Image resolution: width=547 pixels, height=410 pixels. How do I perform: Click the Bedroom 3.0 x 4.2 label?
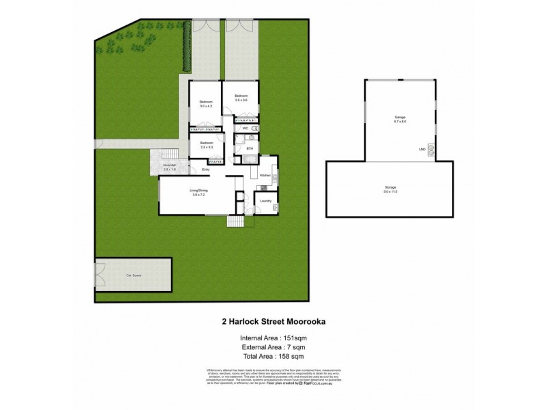click(206, 105)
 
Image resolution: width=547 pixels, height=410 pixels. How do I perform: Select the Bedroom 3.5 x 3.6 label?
click(240, 98)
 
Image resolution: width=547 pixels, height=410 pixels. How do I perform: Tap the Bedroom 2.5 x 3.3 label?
click(206, 145)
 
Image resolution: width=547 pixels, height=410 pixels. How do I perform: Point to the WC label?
click(243, 128)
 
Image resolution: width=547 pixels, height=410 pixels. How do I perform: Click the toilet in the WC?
click(253, 128)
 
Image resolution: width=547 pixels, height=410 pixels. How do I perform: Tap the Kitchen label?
click(265, 176)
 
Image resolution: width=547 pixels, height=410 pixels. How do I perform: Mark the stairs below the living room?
click(235, 221)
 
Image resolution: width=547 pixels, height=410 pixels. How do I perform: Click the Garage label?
click(399, 119)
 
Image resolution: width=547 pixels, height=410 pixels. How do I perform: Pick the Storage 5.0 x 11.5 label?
click(390, 189)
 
